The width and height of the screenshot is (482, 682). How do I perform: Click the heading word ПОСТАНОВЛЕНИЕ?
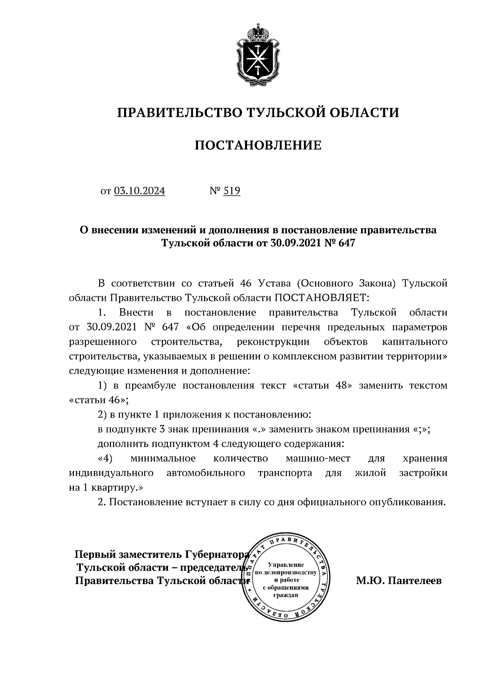point(258,145)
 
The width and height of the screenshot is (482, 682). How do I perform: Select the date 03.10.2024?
point(139,191)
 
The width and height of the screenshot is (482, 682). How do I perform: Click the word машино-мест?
point(318,459)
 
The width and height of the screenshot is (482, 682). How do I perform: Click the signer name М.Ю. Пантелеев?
point(398,581)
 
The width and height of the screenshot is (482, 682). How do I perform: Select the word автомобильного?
point(205,473)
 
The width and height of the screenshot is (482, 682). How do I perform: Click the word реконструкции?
point(273,342)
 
